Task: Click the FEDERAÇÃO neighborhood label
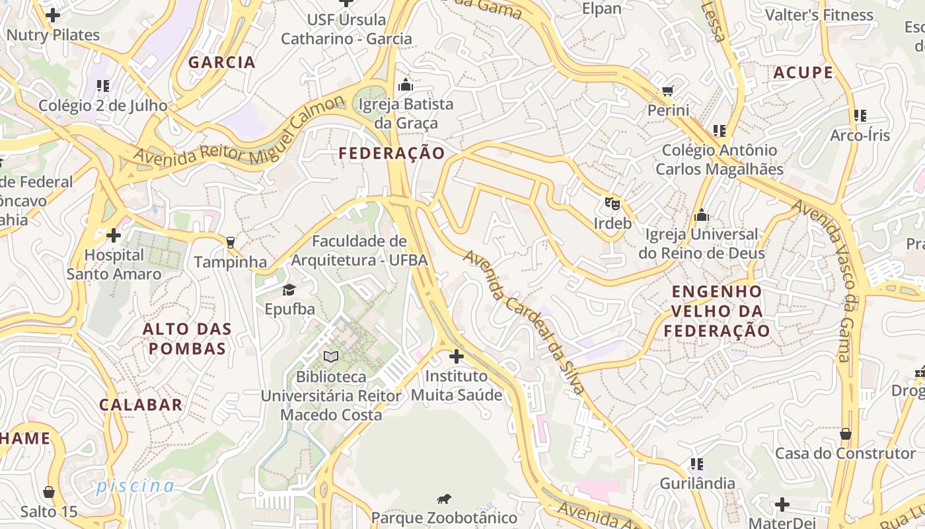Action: [x=392, y=153]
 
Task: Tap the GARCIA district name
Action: [x=222, y=62]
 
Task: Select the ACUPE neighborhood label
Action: [x=803, y=73]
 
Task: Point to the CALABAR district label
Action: [x=141, y=405]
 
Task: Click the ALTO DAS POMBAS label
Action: [x=187, y=339]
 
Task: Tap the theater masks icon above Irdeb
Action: [x=612, y=203]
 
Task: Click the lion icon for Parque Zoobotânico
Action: [x=444, y=499]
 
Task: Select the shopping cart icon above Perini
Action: [x=668, y=91]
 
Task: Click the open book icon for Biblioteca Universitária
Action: [x=331, y=357]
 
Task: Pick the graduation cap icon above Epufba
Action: [x=289, y=290]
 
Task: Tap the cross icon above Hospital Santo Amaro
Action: [x=114, y=235]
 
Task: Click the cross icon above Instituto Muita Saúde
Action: [x=456, y=357]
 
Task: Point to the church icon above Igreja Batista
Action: [x=405, y=85]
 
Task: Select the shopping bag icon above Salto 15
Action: [x=49, y=492]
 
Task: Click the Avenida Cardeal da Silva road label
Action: [x=525, y=321]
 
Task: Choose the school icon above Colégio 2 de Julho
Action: [x=102, y=86]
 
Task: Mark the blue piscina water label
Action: [x=135, y=486]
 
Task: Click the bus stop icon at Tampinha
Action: [x=230, y=243]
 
